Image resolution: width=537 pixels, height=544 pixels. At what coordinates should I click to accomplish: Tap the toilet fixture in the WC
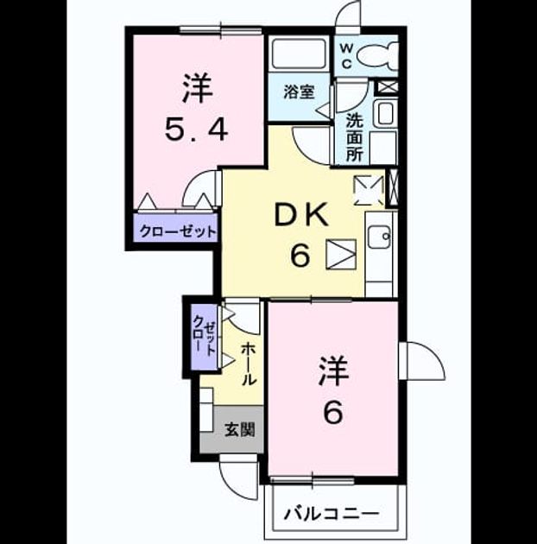tap(377, 56)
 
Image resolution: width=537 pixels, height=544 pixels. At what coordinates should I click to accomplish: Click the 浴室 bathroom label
tap(299, 92)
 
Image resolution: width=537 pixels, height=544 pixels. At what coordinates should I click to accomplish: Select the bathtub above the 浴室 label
tap(299, 54)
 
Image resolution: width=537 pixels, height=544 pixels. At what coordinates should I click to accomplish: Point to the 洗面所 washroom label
tap(354, 137)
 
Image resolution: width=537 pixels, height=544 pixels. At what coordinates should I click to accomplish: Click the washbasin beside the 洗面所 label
tap(385, 113)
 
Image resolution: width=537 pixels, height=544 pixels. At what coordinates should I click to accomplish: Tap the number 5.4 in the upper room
tap(196, 130)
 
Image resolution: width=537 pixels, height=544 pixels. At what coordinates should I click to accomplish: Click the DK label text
tap(301, 215)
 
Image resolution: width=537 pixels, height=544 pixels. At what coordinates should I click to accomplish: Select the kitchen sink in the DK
tap(380, 237)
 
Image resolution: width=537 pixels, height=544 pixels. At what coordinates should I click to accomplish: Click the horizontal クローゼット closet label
tap(178, 231)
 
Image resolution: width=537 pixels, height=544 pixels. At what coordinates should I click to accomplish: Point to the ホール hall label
tap(249, 364)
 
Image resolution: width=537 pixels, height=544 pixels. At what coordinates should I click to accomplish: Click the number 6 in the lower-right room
tap(333, 412)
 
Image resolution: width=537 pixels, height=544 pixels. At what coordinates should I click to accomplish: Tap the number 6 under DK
tap(300, 255)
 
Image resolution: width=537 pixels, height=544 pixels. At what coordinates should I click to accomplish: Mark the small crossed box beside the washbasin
tap(388, 86)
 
